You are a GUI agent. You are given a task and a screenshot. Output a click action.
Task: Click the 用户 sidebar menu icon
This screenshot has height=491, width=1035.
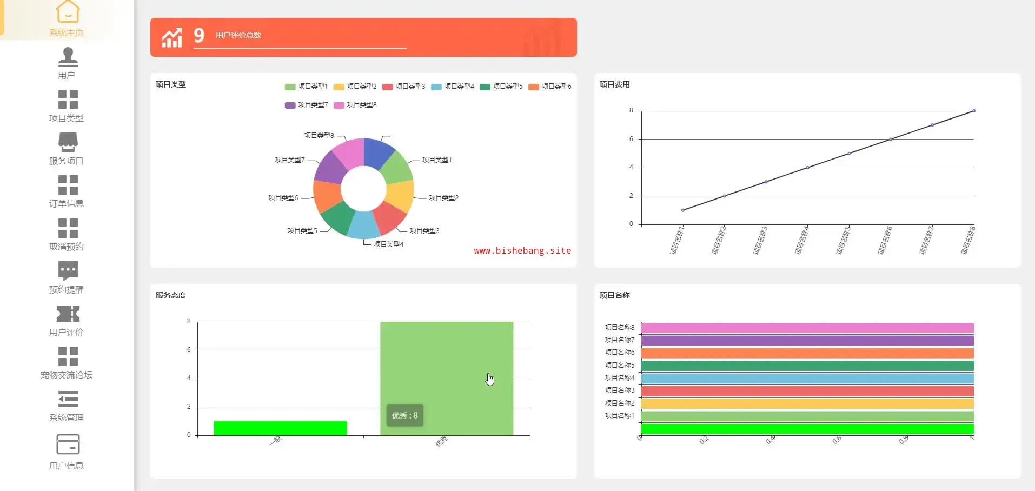click(x=68, y=56)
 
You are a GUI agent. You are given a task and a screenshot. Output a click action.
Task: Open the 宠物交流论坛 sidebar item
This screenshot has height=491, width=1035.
click(x=67, y=374)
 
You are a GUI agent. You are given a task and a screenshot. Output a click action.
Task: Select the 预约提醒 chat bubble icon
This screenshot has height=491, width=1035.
click(x=68, y=271)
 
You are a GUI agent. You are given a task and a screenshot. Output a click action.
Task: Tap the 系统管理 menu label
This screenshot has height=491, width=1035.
click(x=67, y=417)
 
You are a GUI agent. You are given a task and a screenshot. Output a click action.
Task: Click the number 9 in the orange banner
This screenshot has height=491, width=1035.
click(x=199, y=36)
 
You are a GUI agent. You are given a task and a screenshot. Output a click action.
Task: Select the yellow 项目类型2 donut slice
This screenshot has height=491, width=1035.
click(x=401, y=196)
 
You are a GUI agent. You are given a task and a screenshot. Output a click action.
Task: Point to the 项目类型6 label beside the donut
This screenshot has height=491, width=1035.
click(x=283, y=198)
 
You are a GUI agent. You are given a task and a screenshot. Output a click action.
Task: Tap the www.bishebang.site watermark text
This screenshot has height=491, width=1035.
click(x=522, y=250)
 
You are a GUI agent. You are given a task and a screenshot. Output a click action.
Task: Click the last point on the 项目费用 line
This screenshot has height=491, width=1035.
click(x=973, y=111)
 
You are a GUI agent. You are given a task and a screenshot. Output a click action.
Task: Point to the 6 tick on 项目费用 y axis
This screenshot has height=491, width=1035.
click(x=631, y=139)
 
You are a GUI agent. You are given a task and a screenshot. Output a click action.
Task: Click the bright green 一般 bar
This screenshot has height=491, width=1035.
click(x=280, y=428)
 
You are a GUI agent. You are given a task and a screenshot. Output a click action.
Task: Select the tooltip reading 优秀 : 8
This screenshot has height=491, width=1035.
click(x=405, y=415)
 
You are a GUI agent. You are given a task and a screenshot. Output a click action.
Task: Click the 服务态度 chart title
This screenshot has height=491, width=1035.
click(x=171, y=295)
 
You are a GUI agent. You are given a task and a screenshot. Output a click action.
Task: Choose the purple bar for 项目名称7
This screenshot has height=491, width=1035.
click(x=807, y=341)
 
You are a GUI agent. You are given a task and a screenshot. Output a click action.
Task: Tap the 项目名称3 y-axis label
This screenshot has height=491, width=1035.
click(x=620, y=390)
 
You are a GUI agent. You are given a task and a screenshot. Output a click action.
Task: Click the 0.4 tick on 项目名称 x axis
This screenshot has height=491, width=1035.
click(x=771, y=440)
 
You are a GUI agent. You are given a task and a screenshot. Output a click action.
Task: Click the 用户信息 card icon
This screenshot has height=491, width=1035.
click(x=68, y=444)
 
